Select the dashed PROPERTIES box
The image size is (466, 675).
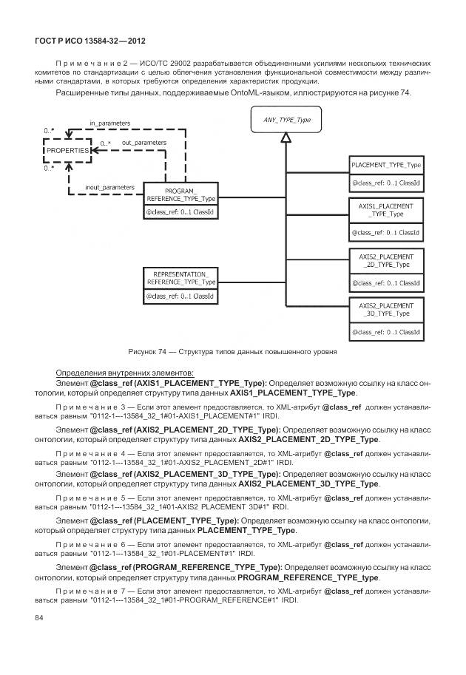click(x=67, y=150)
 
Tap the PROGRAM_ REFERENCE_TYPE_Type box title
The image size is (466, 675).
click(x=180, y=195)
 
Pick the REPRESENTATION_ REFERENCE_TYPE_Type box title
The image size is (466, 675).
click(x=180, y=277)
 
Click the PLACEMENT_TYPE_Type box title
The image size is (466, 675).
click(x=386, y=165)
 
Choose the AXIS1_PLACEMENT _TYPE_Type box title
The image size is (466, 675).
click(x=386, y=209)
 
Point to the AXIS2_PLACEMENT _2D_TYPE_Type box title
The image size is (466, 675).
click(x=386, y=260)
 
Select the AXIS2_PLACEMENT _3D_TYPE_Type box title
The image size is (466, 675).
click(x=386, y=309)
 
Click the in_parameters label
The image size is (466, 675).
click(x=109, y=123)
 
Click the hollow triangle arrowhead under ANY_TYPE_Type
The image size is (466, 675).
click(x=286, y=138)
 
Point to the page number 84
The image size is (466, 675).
click(x=40, y=617)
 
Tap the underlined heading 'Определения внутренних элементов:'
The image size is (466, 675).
click(x=124, y=372)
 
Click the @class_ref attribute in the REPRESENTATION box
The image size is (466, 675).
click(x=180, y=296)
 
